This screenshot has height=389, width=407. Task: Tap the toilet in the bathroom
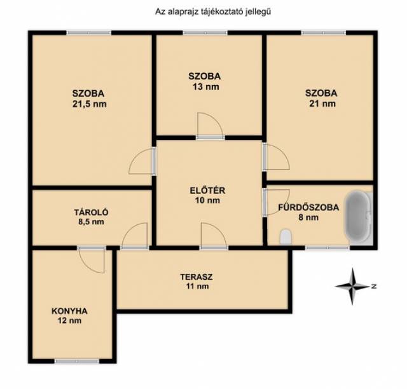click(286, 236)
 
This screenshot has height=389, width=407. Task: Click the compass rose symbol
click(352, 286)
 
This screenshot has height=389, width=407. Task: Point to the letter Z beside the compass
click(374, 287)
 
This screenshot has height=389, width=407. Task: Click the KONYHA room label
click(69, 311)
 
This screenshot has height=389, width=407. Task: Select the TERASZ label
click(197, 276)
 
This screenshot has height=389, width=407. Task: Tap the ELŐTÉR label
click(207, 190)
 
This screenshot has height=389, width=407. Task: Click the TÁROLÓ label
click(91, 212)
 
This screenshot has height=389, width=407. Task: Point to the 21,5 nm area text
click(89, 104)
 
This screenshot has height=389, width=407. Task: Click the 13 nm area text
click(205, 86)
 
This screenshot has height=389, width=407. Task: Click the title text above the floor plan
click(213, 11)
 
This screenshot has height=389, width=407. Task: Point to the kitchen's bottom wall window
click(77, 361)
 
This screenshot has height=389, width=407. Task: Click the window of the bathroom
click(327, 248)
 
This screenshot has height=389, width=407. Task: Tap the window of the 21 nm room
click(324, 33)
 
